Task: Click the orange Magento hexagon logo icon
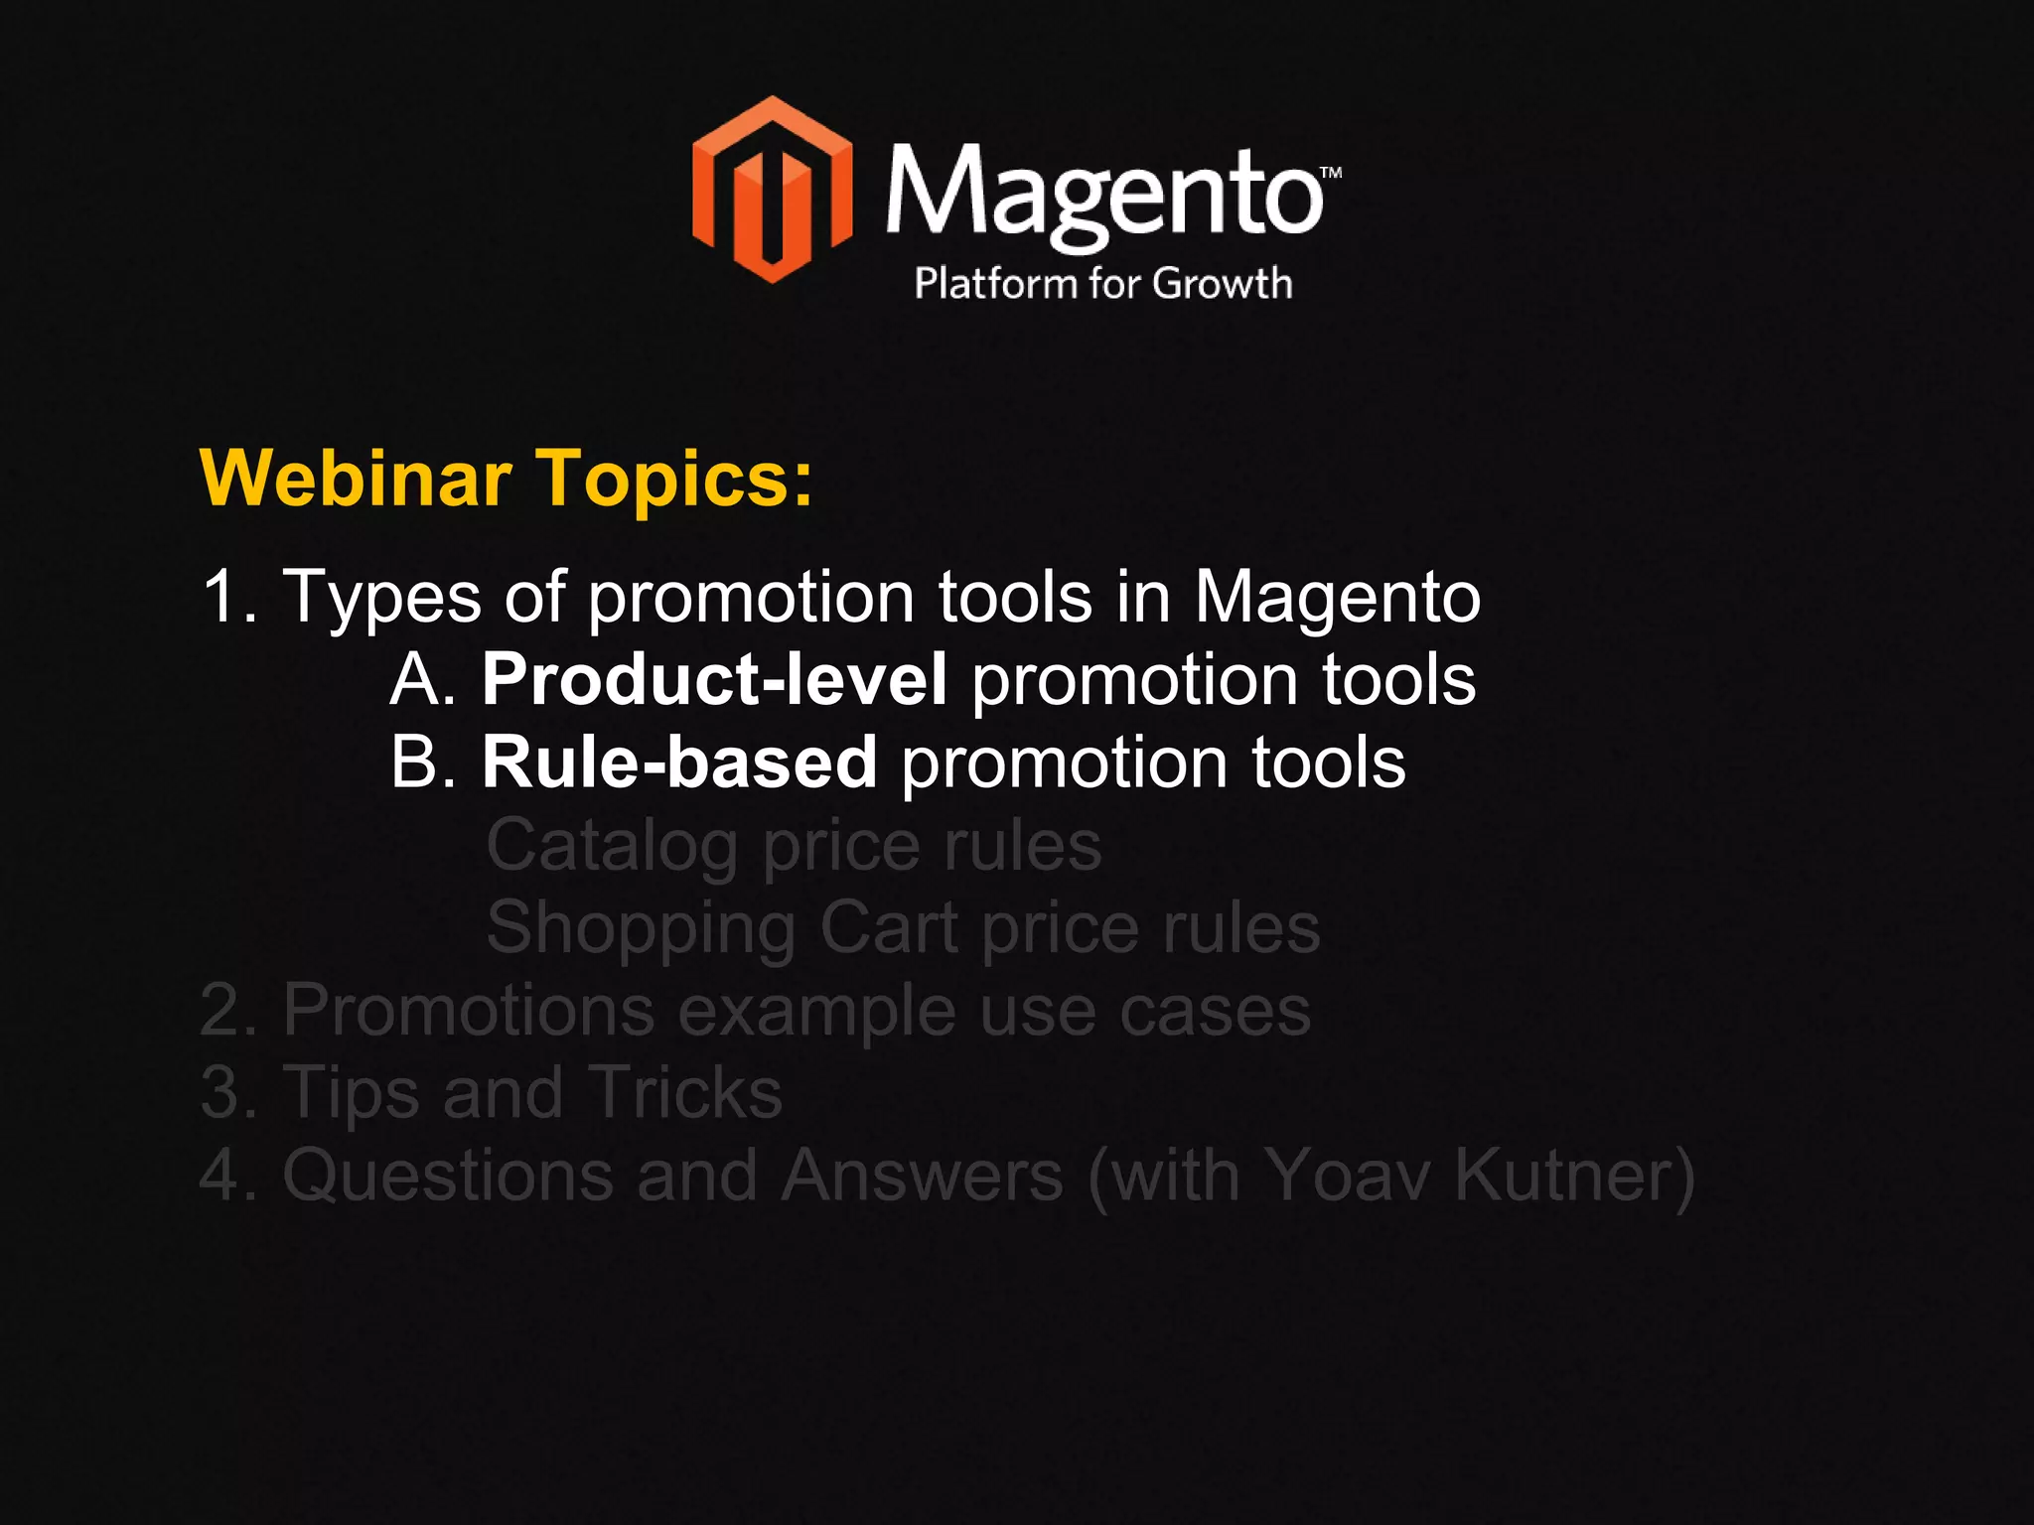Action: click(x=772, y=189)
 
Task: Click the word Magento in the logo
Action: click(x=1103, y=194)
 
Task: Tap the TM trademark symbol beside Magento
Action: click(x=1331, y=172)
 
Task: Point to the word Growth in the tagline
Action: click(x=1223, y=284)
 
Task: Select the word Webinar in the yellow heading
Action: click(x=356, y=479)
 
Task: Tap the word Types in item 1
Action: click(x=382, y=599)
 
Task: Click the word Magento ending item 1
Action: click(x=1337, y=599)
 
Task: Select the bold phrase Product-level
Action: click(x=714, y=680)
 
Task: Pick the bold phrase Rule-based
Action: click(x=679, y=762)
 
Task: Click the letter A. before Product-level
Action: click(x=422, y=681)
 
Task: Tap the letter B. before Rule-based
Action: click(x=422, y=763)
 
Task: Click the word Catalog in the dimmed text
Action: click(x=611, y=847)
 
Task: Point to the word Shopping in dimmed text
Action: click(x=641, y=929)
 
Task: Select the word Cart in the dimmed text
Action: click(x=889, y=927)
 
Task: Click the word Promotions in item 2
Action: click(x=469, y=1011)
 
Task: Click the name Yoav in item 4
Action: click(x=1348, y=1176)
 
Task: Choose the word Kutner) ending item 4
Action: click(x=1574, y=1176)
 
